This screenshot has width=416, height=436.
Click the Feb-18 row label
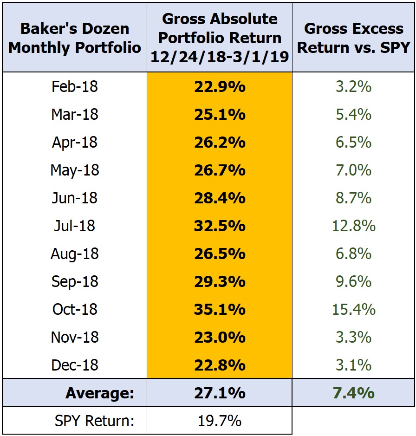pyautogui.click(x=75, y=86)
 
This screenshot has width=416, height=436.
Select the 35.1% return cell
pyautogui.click(x=220, y=309)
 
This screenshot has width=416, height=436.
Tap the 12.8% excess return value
pyautogui.click(x=354, y=226)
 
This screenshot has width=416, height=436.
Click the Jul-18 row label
pyautogui.click(x=75, y=226)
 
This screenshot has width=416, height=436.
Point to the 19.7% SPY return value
pyautogui.click(x=220, y=421)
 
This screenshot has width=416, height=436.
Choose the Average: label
pyautogui.click(x=100, y=393)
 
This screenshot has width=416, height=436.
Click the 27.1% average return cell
pyautogui.click(x=220, y=393)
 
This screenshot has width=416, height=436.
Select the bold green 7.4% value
pyautogui.click(x=354, y=393)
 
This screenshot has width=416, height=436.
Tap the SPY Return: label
pyautogui.click(x=95, y=421)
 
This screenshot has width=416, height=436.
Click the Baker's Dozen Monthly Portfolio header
pyautogui.click(x=75, y=38)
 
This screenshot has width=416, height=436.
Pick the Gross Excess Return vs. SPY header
pyautogui.click(x=354, y=38)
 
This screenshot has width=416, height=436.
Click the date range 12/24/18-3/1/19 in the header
pyautogui.click(x=220, y=57)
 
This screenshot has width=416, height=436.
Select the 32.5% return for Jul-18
pyautogui.click(x=220, y=226)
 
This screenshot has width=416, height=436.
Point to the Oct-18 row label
pyautogui.click(x=75, y=309)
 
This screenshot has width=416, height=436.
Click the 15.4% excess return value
pyautogui.click(x=354, y=309)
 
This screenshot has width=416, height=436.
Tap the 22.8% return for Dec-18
pyautogui.click(x=220, y=365)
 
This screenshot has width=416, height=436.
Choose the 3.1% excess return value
pyautogui.click(x=354, y=365)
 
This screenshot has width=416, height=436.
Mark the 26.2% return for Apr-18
pyautogui.click(x=220, y=142)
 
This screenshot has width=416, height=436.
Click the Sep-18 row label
pyautogui.click(x=75, y=281)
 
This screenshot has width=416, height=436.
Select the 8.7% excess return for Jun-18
pyautogui.click(x=354, y=198)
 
